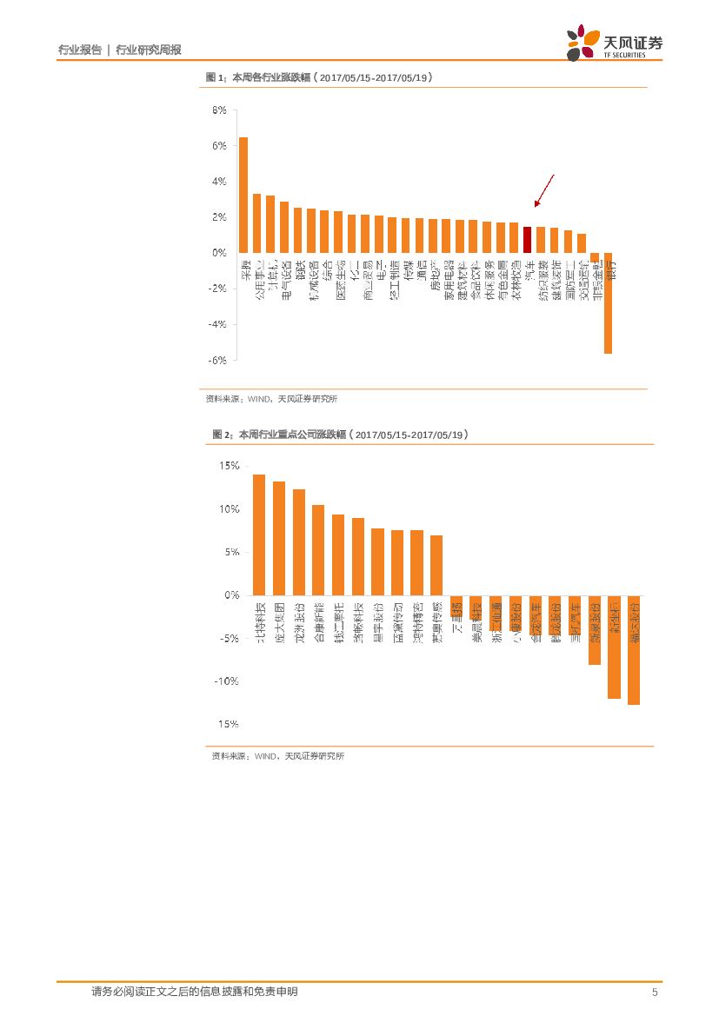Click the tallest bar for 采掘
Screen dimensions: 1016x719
[243, 195]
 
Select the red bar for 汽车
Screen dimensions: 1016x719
[527, 239]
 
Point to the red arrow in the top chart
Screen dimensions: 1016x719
[543, 190]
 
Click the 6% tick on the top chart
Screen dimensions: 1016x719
[219, 146]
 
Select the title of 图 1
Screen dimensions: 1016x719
[319, 78]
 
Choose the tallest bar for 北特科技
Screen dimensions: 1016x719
[258, 535]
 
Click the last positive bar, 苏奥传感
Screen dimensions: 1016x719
[436, 565]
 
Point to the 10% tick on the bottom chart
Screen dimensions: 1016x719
[229, 509]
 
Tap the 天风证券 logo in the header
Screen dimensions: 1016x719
[615, 42]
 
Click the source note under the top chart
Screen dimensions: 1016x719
[271, 399]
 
